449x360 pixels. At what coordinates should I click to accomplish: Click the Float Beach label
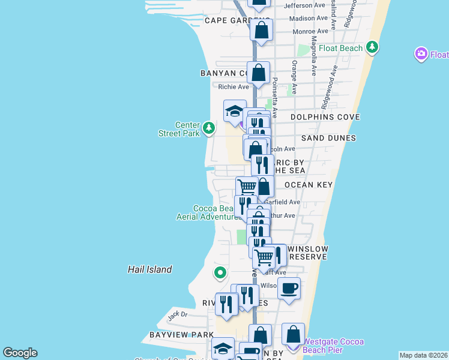coord(341,48)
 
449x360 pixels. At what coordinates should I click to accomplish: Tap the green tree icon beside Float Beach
coord(373,47)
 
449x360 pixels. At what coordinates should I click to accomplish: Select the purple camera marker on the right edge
coord(421,55)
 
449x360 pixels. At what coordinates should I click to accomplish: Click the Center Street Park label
coord(179,129)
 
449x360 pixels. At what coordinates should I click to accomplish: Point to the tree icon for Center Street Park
coord(208,127)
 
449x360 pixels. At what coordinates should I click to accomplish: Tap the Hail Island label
coord(150,270)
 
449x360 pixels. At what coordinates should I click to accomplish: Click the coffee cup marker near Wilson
coord(289,289)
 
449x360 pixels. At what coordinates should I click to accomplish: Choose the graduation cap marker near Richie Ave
coord(235,110)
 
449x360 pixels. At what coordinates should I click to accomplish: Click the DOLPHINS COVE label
coord(325,117)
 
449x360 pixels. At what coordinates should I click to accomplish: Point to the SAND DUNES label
coord(328,138)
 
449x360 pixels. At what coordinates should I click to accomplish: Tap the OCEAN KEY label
coord(308,185)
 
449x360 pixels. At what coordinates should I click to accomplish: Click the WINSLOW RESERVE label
coord(309,253)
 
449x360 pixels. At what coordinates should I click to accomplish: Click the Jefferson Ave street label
coord(307,5)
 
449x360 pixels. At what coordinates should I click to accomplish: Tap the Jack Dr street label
coord(178,314)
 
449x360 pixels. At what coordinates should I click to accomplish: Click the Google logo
coord(20,353)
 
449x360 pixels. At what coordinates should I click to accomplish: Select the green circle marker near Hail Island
coord(220,273)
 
